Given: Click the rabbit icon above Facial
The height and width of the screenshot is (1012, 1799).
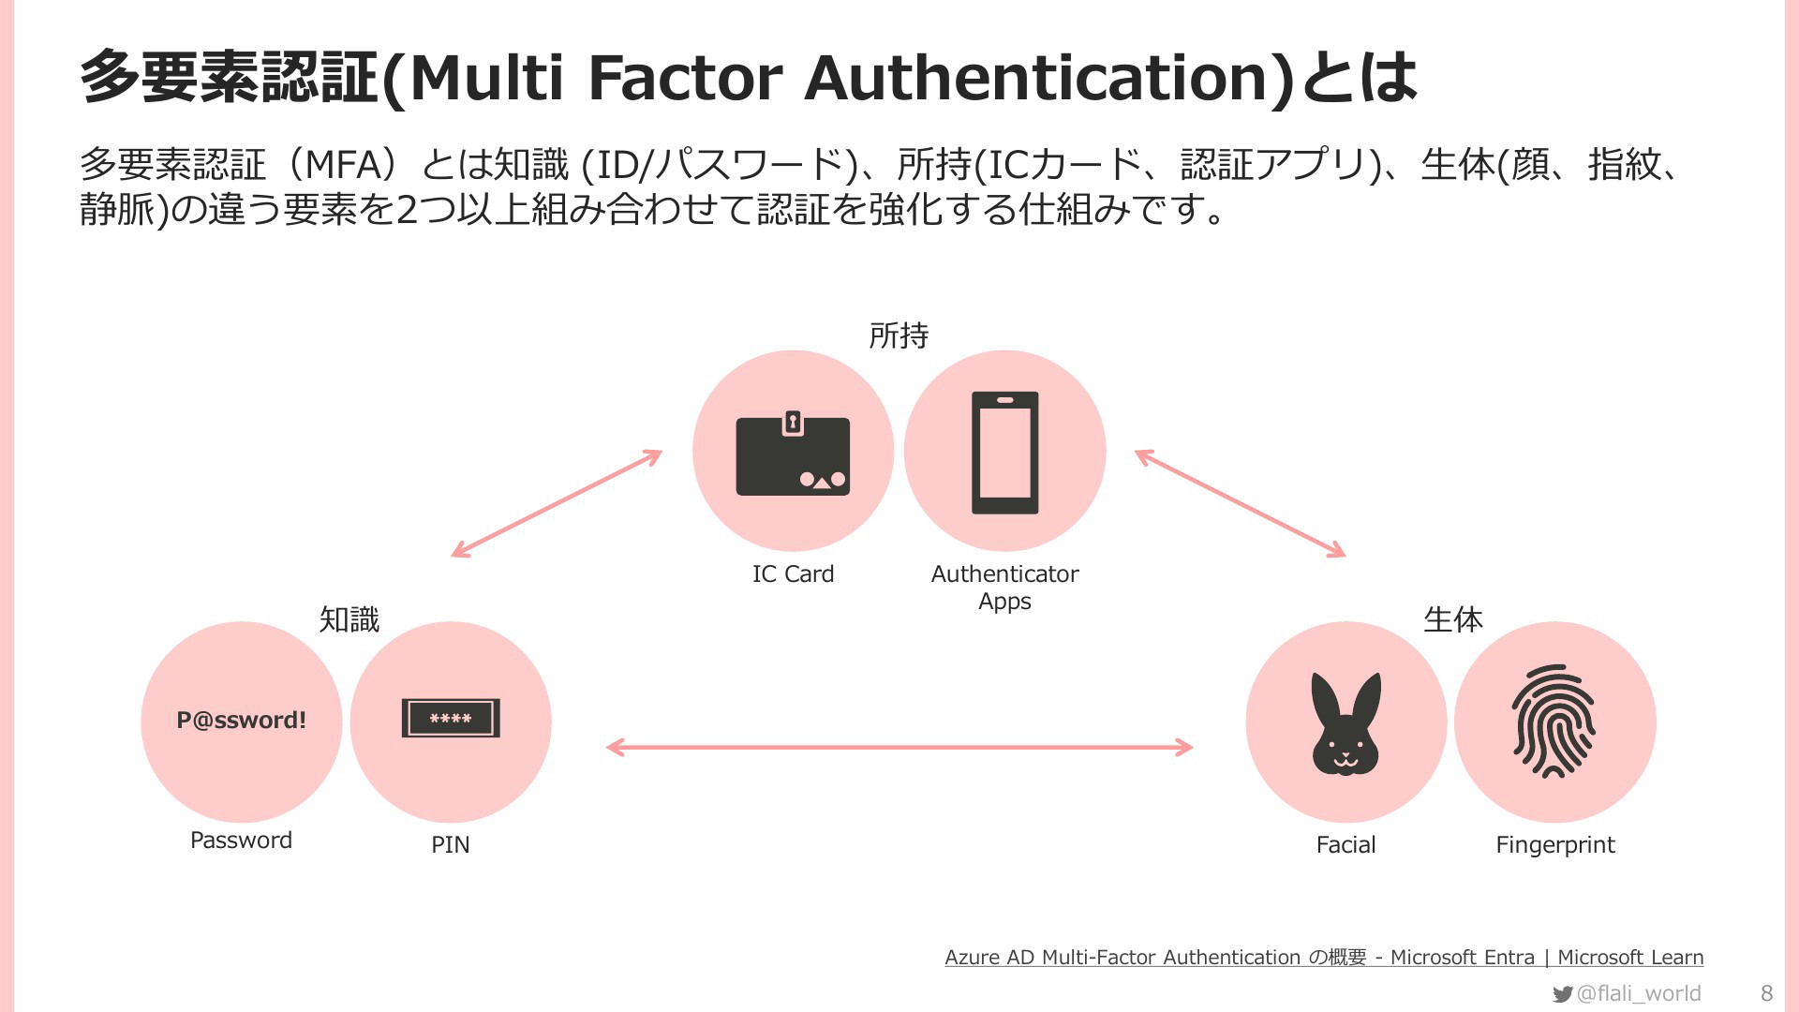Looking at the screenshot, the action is point(1346,722).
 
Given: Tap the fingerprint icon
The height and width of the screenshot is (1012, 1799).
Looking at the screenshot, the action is point(1554,722).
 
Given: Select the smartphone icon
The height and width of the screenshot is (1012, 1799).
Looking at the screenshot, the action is point(1005,453).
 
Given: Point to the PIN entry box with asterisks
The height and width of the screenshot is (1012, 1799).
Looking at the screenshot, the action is point(451,719).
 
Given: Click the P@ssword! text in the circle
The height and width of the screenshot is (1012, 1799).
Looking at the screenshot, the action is point(242,720).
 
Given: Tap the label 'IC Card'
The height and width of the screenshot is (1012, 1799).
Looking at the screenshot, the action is point(793,573).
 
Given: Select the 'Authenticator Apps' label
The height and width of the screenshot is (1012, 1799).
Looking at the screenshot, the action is point(1004,587).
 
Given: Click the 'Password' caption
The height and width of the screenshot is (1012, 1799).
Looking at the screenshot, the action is point(241,840).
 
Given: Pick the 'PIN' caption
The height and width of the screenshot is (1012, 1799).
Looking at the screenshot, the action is point(451,844).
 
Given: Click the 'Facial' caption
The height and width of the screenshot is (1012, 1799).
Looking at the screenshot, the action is point(1346,844).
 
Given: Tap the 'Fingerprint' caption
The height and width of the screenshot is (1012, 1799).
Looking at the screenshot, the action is point(1555,845).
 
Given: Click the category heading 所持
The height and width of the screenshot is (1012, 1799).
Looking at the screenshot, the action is point(899,335).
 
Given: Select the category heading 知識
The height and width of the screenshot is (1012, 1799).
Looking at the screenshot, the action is point(349,619).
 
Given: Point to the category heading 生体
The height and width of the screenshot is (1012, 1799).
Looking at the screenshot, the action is point(1453,619).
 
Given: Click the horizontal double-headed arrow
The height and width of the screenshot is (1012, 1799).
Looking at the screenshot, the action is point(899,747).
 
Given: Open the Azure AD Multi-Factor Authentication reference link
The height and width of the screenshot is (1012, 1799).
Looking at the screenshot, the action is point(1324,957).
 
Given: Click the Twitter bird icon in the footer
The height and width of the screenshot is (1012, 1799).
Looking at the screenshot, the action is point(1562,994).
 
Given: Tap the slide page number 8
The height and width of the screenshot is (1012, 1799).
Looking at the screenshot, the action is point(1767,993).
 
